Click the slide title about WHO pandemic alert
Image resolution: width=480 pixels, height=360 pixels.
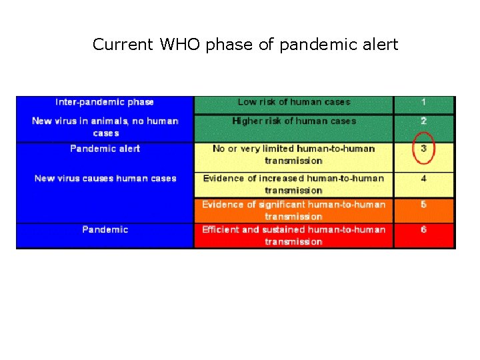pyautogui.click(x=245, y=45)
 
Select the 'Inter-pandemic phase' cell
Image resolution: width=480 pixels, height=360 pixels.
pyautogui.click(x=105, y=102)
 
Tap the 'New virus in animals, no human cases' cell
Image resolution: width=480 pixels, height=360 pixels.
pyautogui.click(x=105, y=127)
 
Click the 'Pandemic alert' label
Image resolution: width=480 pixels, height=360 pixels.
pyautogui.click(x=105, y=149)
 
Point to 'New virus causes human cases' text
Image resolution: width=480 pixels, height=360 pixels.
pyautogui.click(x=105, y=178)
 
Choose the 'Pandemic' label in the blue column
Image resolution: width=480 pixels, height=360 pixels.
pyautogui.click(x=105, y=229)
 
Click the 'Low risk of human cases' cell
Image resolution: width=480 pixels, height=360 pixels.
pyautogui.click(x=293, y=102)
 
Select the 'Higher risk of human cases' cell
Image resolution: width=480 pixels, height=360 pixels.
pyautogui.click(x=293, y=121)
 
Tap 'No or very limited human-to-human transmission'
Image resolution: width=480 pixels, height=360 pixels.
pyautogui.click(x=293, y=154)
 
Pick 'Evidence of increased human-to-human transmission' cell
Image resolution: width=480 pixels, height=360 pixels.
pyautogui.click(x=293, y=184)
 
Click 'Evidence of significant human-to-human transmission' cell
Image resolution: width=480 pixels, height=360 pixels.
pyautogui.click(x=293, y=210)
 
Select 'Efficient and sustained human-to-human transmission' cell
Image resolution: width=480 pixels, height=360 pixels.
pyautogui.click(x=293, y=235)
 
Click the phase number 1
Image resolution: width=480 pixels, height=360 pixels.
pyautogui.click(x=423, y=102)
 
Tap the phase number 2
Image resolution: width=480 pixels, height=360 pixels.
pyautogui.click(x=423, y=121)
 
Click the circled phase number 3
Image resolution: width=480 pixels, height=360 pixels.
pyautogui.click(x=423, y=148)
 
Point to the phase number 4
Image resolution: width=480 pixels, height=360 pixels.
pyautogui.click(x=423, y=179)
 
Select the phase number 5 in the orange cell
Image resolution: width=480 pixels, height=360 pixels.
pyautogui.click(x=423, y=205)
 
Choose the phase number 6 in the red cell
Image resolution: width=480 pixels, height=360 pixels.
pyautogui.click(x=423, y=230)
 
